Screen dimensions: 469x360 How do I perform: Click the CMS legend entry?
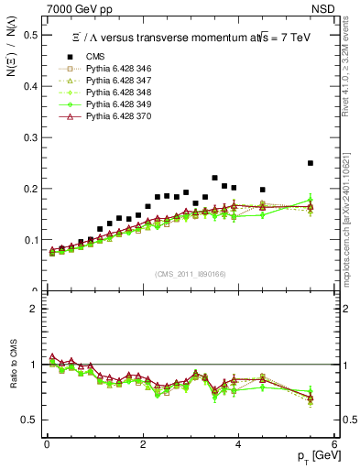point(94,56)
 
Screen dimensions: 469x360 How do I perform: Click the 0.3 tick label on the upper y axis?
point(33,137)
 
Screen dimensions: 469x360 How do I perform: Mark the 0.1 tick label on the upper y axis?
point(33,240)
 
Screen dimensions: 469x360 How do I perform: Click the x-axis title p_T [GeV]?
point(316,457)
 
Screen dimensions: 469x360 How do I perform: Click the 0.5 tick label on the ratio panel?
point(33,420)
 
